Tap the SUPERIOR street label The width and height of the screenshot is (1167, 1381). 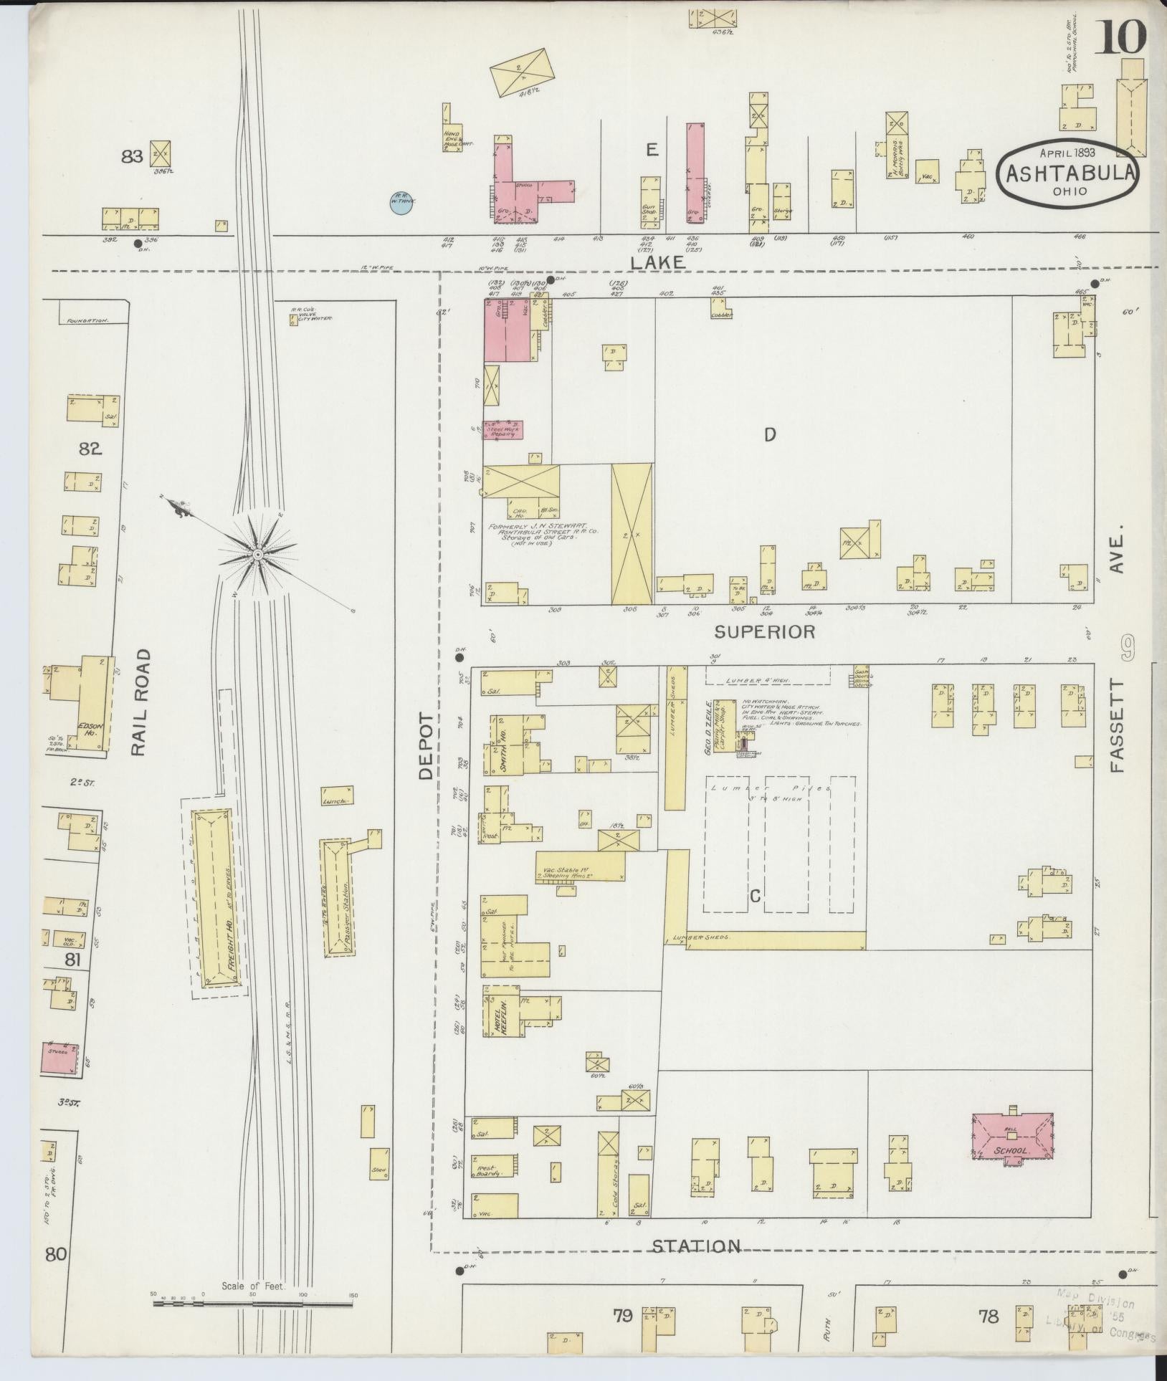pyautogui.click(x=765, y=632)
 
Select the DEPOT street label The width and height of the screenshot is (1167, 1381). pyautogui.click(x=427, y=745)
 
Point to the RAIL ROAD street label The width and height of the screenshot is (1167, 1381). pyautogui.click(x=140, y=702)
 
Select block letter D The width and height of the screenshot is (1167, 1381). pyautogui.click(x=770, y=434)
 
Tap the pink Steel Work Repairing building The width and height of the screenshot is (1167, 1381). pyautogui.click(x=502, y=430)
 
